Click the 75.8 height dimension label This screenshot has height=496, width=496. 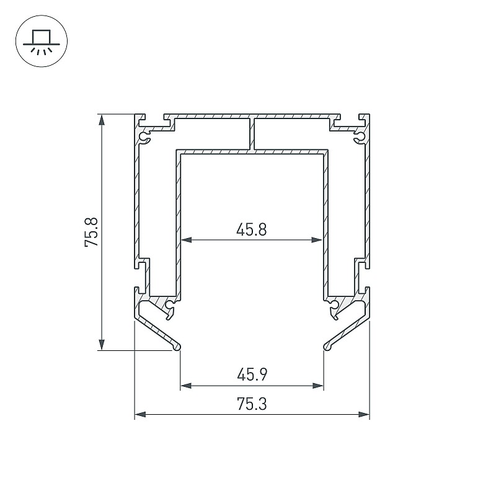click(92, 232)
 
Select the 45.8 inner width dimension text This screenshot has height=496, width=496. click(252, 229)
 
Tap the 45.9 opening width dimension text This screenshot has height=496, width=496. click(252, 375)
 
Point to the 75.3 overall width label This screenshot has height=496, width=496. click(252, 404)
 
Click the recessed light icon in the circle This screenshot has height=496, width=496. click(42, 42)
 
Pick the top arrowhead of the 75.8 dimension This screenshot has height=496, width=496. click(102, 120)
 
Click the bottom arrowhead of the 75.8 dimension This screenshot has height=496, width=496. click(102, 344)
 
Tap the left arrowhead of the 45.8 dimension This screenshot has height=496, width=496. click(187, 240)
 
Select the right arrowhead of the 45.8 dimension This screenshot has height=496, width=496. click(317, 240)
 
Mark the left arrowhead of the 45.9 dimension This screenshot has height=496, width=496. click(186, 386)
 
